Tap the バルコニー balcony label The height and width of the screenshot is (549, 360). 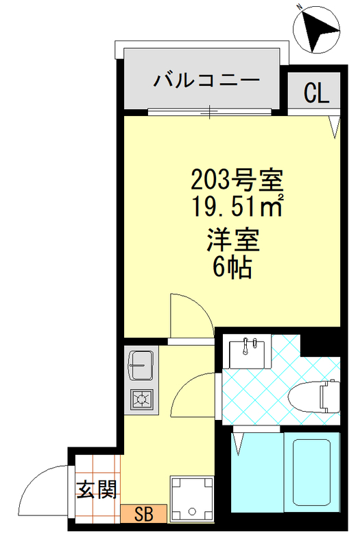pos(206,80)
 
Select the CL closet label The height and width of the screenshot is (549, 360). pos(316,92)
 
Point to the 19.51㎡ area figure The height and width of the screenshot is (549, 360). pos(236,204)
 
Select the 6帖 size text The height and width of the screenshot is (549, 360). pos(232,266)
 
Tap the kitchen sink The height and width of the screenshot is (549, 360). pos(141,365)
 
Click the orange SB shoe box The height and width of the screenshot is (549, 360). pos(143,512)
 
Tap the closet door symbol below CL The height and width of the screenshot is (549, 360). pos(334,124)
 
